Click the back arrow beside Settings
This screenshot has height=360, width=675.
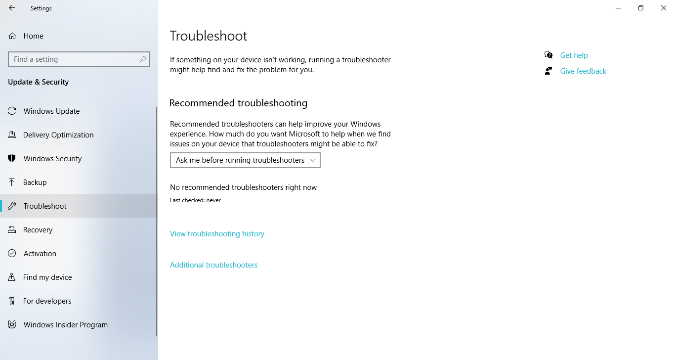click(x=12, y=8)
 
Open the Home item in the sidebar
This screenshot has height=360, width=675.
click(x=33, y=36)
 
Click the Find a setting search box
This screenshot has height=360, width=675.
click(x=74, y=59)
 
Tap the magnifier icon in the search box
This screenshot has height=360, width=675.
click(x=143, y=59)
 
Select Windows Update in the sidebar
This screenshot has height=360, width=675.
click(x=51, y=111)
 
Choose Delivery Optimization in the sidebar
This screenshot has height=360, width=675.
click(x=58, y=135)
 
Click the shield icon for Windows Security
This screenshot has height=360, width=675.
click(x=12, y=159)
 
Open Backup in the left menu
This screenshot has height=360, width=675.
click(x=35, y=182)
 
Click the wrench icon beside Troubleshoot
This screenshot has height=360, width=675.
click(x=12, y=206)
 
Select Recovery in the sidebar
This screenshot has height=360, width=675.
click(x=38, y=230)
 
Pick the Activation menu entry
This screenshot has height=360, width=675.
click(x=40, y=254)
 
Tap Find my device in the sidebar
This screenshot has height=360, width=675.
click(x=47, y=277)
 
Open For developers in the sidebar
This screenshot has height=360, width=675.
click(x=47, y=301)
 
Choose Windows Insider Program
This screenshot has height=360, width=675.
click(x=65, y=325)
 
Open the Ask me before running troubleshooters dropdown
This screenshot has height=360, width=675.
click(x=245, y=160)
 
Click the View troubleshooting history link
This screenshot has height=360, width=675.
click(x=217, y=234)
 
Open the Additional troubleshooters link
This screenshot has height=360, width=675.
click(x=213, y=265)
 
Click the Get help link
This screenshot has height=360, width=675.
click(x=574, y=55)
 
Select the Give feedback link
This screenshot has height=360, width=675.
click(x=583, y=71)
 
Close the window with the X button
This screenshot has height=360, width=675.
click(x=664, y=8)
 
